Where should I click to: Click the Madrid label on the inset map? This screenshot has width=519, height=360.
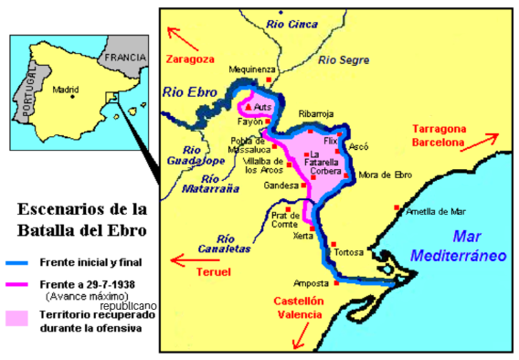pyautogui.click(x=67, y=90)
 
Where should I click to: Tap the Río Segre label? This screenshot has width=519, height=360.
pyautogui.click(x=343, y=60)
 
